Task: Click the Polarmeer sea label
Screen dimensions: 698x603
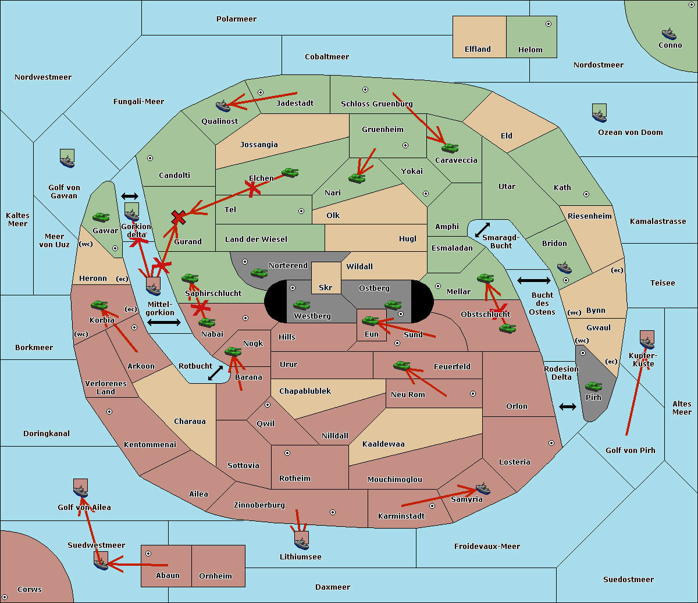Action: [x=236, y=19]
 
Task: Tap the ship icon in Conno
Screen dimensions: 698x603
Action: [x=669, y=34]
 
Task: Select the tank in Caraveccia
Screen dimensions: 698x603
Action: [x=450, y=148]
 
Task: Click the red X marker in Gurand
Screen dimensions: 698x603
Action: [x=179, y=217]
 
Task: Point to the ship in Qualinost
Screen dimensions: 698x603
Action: [x=223, y=106]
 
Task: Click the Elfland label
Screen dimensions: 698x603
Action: [x=478, y=49]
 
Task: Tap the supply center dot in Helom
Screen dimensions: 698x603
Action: [x=549, y=24]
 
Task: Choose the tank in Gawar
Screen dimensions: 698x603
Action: [x=101, y=217]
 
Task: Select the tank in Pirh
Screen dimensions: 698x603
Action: [x=593, y=386]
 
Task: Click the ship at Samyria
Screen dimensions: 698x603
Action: [x=483, y=488]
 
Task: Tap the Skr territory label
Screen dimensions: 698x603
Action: [x=326, y=287]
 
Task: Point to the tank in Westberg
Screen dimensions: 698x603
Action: [x=301, y=305]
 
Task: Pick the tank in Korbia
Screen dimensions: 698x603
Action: [x=99, y=305]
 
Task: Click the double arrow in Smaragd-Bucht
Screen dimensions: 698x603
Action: [x=482, y=230]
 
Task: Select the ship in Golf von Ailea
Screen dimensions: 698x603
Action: [x=81, y=488]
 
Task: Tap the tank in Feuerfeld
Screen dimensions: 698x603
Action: [x=402, y=365]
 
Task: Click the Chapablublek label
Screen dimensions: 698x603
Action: [x=305, y=391]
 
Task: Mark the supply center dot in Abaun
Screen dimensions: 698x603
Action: [x=148, y=554]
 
